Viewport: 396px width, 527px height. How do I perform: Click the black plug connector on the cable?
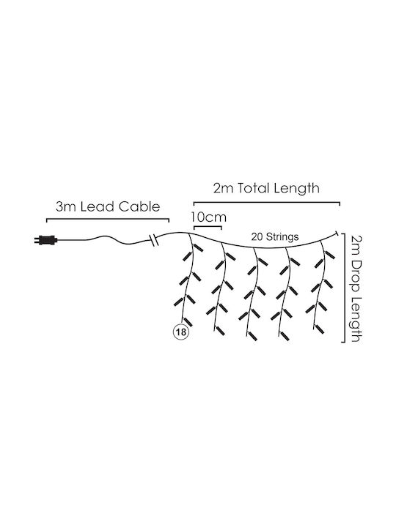pyautogui.click(x=46, y=240)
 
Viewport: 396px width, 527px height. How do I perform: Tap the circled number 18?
pyautogui.click(x=181, y=332)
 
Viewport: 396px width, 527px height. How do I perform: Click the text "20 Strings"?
pyautogui.click(x=275, y=236)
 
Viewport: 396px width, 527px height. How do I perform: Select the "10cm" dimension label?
pyautogui.click(x=208, y=217)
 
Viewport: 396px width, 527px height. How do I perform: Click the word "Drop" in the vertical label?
pyautogui.click(x=356, y=274)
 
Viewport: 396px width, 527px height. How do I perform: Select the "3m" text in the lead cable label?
pyautogui.click(x=66, y=206)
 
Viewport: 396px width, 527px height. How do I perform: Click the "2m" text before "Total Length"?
pyautogui.click(x=223, y=188)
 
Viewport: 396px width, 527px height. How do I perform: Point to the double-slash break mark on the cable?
pyautogui.click(x=153, y=241)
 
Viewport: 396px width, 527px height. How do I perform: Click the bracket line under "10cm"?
pyautogui.click(x=208, y=228)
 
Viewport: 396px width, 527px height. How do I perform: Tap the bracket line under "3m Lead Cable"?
pyautogui.click(x=108, y=219)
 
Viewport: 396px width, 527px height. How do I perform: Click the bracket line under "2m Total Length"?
pyautogui.click(x=267, y=202)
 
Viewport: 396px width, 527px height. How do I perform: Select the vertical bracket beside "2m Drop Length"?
pyautogui.click(x=344, y=288)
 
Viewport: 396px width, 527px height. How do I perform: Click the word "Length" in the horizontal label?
pyautogui.click(x=296, y=188)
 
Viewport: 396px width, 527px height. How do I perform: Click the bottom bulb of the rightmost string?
pyautogui.click(x=320, y=329)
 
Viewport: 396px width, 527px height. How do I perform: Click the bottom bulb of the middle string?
pyautogui.click(x=252, y=336)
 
